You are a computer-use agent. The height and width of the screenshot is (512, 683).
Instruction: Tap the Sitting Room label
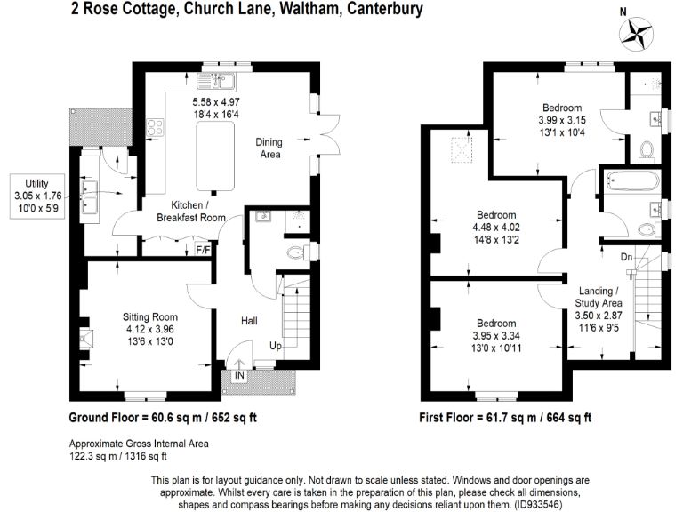(150, 316)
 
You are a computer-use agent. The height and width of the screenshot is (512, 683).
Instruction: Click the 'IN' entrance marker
(239, 376)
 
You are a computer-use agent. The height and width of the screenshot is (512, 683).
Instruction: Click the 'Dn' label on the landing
(627, 257)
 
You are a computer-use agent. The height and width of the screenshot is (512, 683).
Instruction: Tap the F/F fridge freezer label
(203, 250)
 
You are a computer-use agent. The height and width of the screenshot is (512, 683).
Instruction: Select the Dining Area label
(269, 148)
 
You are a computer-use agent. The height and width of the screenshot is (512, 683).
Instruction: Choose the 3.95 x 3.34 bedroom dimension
(495, 335)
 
